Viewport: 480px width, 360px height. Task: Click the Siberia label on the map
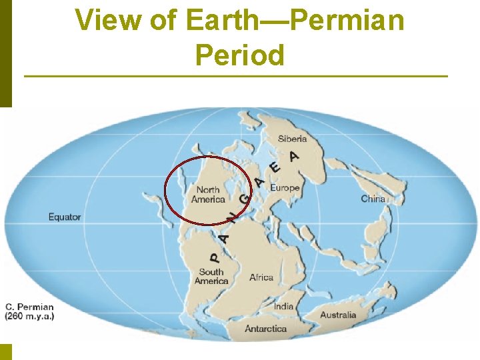pyautogui.click(x=292, y=139)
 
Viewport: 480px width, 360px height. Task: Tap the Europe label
pyautogui.click(x=285, y=188)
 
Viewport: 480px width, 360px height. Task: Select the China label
pyautogui.click(x=373, y=199)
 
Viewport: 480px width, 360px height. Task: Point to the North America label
pyautogui.click(x=208, y=195)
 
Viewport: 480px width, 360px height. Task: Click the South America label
pyautogui.click(x=211, y=276)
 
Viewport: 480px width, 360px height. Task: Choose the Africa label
pyautogui.click(x=261, y=277)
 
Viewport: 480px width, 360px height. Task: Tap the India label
pyautogui.click(x=283, y=307)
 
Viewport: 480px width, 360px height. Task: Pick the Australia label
pyautogui.click(x=338, y=315)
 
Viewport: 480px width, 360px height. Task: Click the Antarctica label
pyautogui.click(x=265, y=329)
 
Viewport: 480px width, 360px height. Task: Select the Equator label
pyautogui.click(x=65, y=217)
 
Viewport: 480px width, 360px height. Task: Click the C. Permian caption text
pyautogui.click(x=30, y=307)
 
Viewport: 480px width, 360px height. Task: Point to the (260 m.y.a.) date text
pyautogui.click(x=30, y=317)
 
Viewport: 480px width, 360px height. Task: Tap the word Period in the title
pyautogui.click(x=240, y=55)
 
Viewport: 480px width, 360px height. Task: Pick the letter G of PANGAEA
pyautogui.click(x=245, y=199)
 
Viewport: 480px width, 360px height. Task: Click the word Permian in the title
pyautogui.click(x=348, y=20)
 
